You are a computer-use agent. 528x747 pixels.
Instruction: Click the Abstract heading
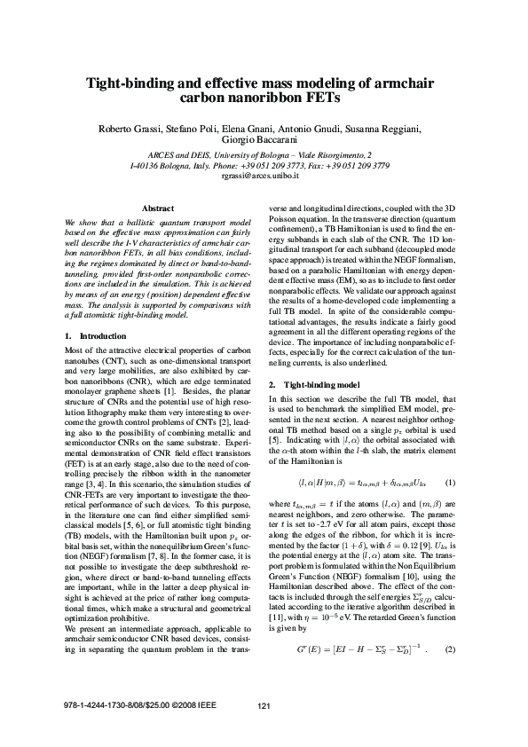click(158, 208)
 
